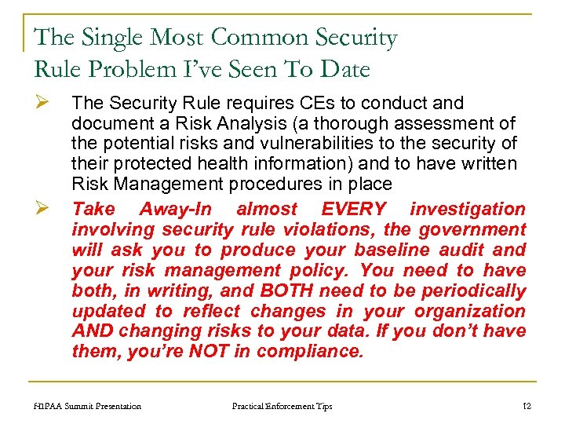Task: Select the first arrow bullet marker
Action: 44,103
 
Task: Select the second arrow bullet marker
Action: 44,209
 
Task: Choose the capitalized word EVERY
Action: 355,209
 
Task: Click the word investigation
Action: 468,209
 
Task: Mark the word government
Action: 472,229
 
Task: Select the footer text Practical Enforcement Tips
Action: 282,406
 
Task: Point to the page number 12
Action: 527,406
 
